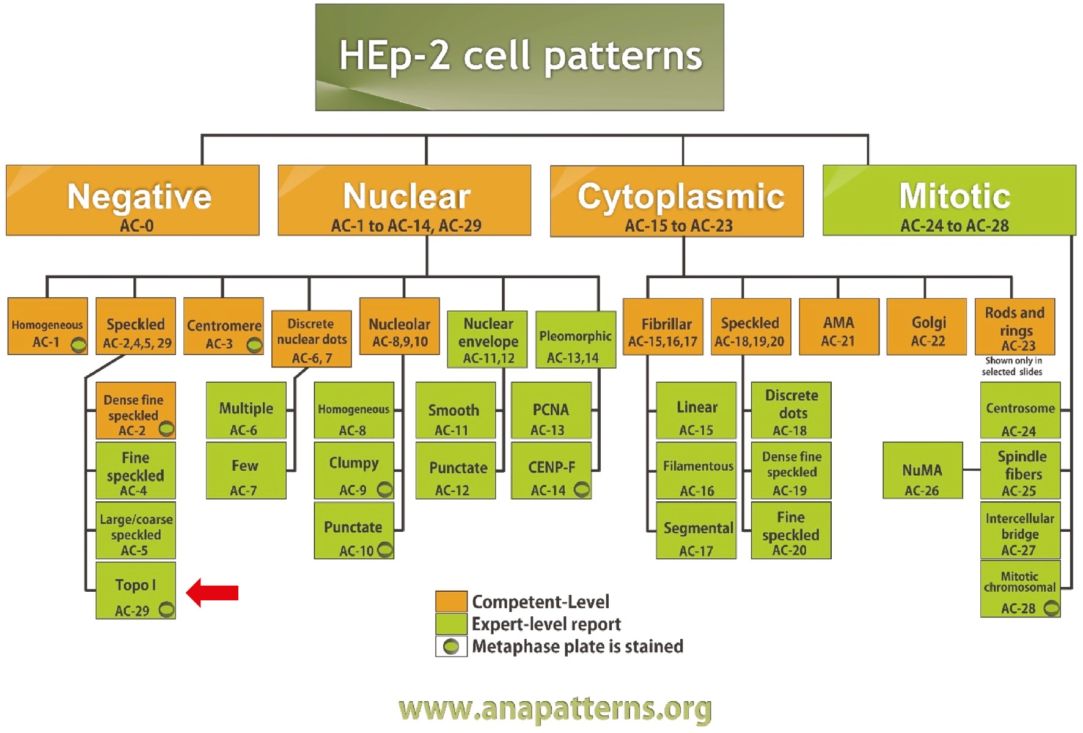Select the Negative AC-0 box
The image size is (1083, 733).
point(133,201)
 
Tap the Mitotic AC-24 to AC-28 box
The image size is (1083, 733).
point(949,201)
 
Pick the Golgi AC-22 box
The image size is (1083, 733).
point(927,327)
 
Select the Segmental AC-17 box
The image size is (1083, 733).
point(696,531)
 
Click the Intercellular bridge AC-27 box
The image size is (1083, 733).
point(1019,531)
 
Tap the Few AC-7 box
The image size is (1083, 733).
point(246,471)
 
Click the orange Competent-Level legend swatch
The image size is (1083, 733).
point(451,602)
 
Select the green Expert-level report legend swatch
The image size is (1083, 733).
point(451,624)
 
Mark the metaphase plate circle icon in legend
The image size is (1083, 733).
point(451,647)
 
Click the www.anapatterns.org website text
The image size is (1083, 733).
point(555,709)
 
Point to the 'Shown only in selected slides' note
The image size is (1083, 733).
point(1012,366)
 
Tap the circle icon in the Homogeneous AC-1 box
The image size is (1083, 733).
point(78,345)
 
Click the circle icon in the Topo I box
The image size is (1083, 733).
point(166,610)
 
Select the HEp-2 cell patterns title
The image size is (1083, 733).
point(519,57)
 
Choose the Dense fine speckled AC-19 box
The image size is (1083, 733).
point(791,471)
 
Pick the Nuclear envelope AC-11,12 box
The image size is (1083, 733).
point(487,340)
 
